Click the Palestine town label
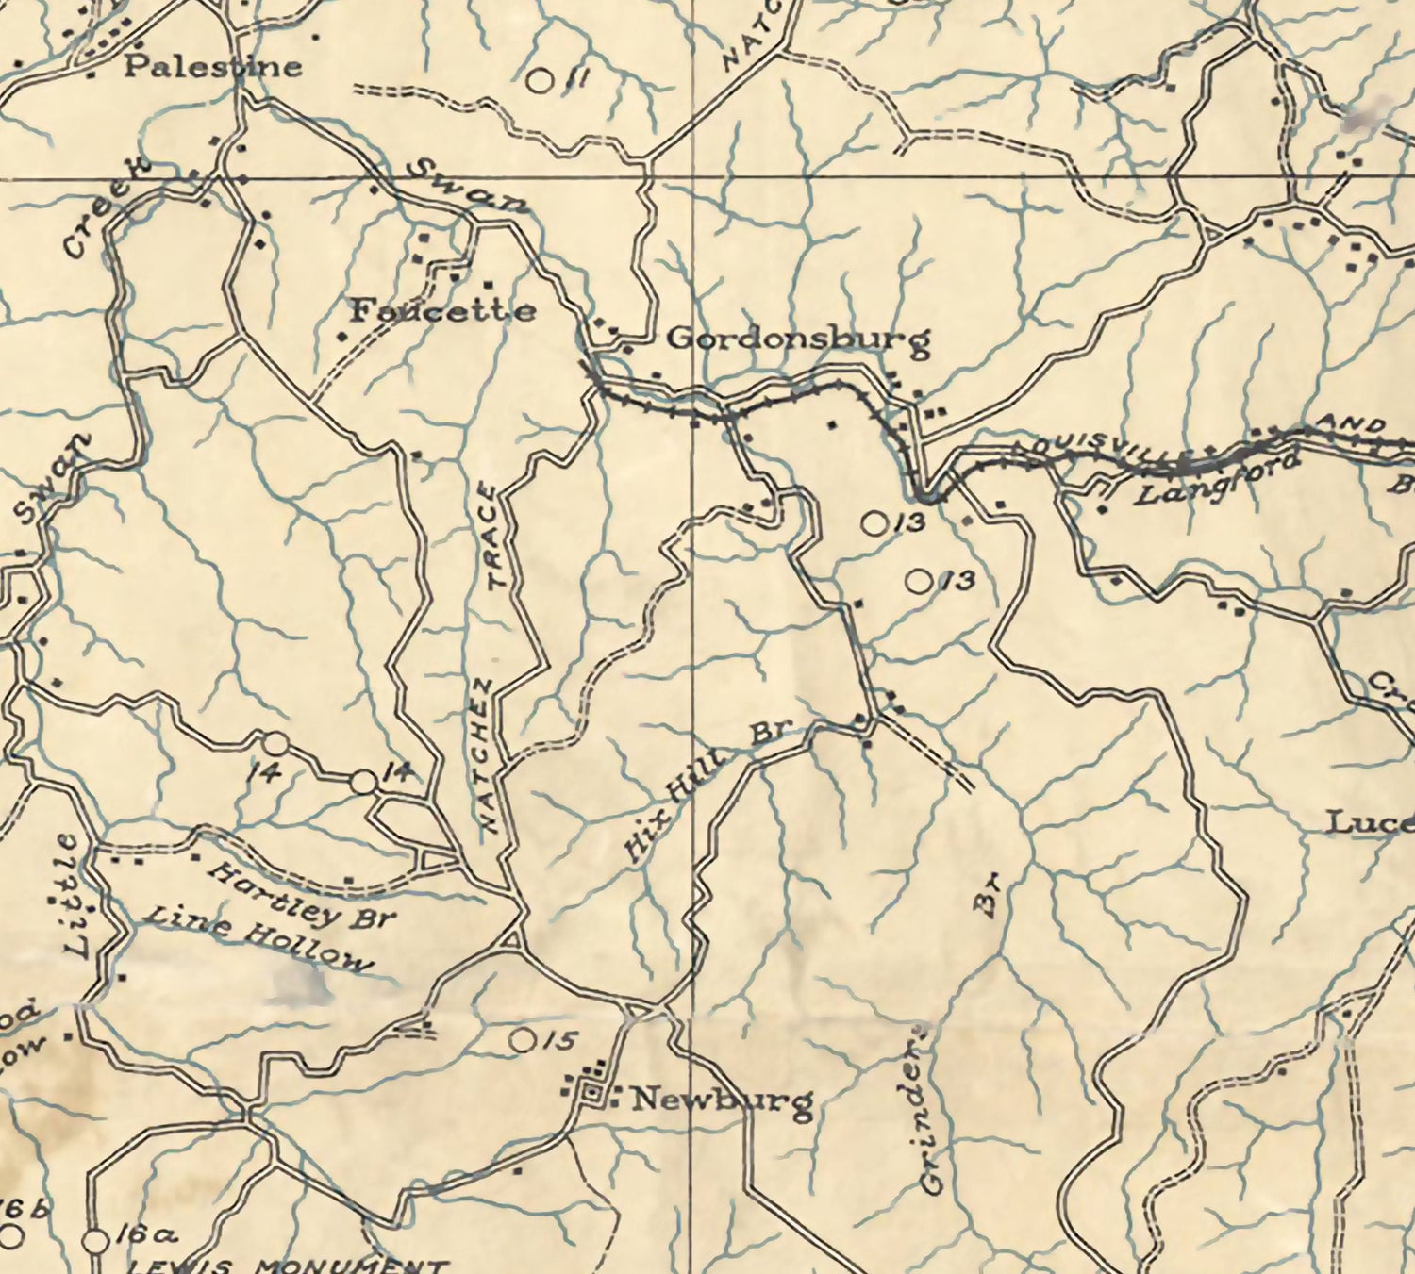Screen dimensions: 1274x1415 213,66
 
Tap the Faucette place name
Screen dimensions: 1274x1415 442,310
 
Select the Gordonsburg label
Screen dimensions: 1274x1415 798,339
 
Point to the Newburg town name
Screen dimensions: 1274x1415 722,1100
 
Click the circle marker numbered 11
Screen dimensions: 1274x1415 539,81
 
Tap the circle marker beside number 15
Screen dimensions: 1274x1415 521,1040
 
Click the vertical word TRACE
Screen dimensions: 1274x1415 495,537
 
